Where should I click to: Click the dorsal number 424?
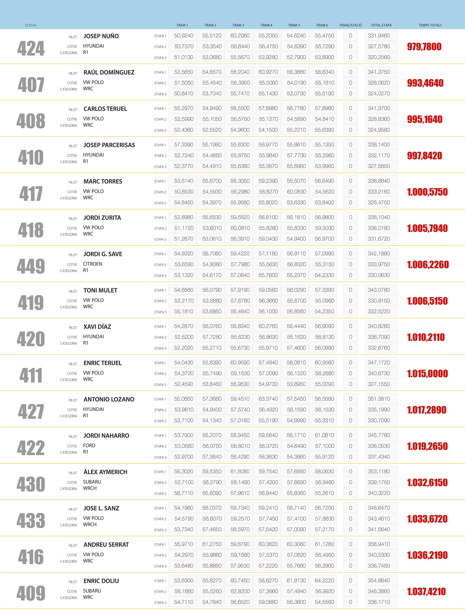point(31,48)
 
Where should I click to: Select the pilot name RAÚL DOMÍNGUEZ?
point(109,72)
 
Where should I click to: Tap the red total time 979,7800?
point(424,47)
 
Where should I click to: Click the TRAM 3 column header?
point(238,25)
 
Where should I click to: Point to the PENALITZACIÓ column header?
point(351,25)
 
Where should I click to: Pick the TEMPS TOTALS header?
point(430,25)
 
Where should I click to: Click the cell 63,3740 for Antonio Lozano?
point(268,399)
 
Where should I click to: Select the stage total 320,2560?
point(379,57)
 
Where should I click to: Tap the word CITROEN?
point(93,264)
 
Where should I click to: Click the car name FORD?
point(89,445)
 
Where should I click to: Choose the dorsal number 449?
point(31,266)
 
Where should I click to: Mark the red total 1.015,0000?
point(427,374)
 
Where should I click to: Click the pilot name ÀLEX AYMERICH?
point(105,472)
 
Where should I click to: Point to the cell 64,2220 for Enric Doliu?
point(324,580)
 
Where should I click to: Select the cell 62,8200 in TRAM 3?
point(240,591)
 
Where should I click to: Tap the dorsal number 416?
point(31,557)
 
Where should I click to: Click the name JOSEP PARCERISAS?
point(109,145)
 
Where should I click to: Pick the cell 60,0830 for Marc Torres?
point(296,192)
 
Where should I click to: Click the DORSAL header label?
point(31,25)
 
